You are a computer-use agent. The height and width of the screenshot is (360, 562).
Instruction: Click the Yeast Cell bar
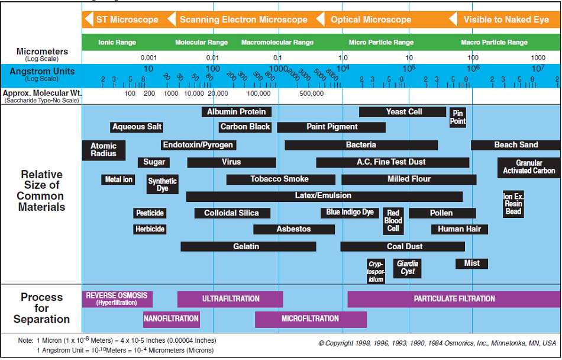(403, 112)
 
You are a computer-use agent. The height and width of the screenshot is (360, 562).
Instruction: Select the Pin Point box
(457, 117)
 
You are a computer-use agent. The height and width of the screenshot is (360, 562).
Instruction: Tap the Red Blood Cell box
(393, 221)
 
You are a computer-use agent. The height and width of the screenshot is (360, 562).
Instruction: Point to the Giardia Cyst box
(408, 268)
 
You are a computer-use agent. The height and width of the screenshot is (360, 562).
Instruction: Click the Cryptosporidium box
(376, 271)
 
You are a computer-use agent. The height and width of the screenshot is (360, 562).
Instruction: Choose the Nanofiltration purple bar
(171, 319)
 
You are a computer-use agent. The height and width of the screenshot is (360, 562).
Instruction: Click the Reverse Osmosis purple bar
(117, 299)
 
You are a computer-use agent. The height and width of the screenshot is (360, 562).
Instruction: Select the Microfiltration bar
(311, 319)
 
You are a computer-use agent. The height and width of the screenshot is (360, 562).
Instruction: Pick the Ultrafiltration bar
(230, 299)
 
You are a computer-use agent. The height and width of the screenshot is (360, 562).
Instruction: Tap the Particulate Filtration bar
(454, 299)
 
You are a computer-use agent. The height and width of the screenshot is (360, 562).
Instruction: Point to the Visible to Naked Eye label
(505, 20)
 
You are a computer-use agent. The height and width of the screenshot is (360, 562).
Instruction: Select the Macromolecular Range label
(277, 43)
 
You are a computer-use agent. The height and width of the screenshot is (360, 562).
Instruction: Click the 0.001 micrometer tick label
(148, 58)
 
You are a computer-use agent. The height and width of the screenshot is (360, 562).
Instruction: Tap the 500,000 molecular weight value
(311, 94)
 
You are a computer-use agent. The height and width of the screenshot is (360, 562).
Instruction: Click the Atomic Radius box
(104, 150)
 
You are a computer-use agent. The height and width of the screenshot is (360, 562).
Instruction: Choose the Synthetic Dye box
(162, 185)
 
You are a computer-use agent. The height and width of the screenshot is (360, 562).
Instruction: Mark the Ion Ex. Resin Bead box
(513, 204)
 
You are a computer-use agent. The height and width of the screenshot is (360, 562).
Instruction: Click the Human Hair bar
(459, 229)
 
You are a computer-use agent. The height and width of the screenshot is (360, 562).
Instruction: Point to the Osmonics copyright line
(437, 343)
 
